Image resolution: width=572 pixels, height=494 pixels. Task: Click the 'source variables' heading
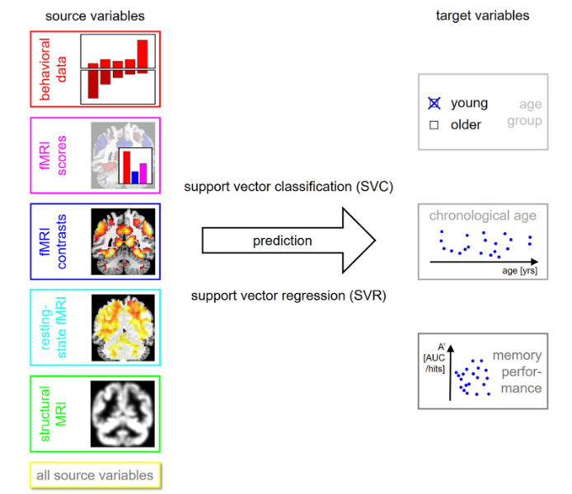94,15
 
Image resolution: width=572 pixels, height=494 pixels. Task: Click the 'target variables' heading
482,15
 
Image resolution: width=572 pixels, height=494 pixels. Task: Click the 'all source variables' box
94,475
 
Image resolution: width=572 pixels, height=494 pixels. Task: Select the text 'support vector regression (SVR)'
288,295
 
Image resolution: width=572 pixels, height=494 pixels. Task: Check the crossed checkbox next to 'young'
434,104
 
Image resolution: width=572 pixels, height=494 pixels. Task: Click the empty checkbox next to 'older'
434,125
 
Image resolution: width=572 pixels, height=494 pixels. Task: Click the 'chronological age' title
482,216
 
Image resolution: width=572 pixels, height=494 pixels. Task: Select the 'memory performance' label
518,371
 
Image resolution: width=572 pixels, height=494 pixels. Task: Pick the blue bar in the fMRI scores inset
135,176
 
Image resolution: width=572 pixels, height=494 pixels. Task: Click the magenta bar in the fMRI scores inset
143,172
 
